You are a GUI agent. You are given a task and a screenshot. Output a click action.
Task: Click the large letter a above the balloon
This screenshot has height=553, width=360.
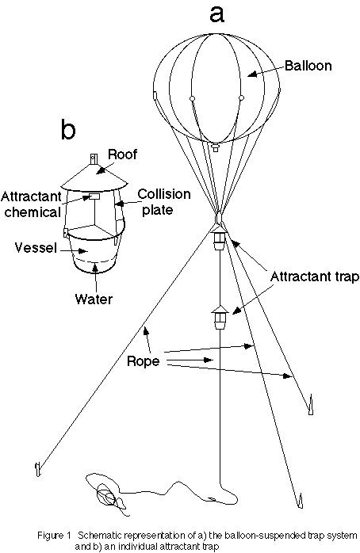pos(216,15)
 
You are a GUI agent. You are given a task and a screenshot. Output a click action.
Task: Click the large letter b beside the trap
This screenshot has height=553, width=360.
pos(68,128)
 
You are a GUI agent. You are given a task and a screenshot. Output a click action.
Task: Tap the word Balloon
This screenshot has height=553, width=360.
pos(308,66)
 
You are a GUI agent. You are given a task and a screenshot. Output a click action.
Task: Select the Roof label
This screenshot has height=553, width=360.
pos(122,154)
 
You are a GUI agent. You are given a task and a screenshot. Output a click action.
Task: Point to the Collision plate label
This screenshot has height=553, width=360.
pos(164,201)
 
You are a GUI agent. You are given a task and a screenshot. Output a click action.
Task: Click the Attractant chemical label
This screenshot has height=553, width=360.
pos(32,204)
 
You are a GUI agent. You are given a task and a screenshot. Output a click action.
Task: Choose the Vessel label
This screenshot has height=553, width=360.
pos(36,247)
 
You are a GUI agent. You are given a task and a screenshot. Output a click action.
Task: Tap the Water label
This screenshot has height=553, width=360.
pos(94,299)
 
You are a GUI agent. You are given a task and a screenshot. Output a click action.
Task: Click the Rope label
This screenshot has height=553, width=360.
pos(143,361)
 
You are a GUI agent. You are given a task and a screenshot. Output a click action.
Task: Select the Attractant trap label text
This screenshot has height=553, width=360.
pos(315,276)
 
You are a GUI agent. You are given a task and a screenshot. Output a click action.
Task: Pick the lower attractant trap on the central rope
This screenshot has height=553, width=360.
pos(220,318)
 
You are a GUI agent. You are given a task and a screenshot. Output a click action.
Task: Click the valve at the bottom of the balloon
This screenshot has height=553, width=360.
pos(215,147)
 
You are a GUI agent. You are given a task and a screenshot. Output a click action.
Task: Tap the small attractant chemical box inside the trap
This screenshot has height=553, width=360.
pos(95,196)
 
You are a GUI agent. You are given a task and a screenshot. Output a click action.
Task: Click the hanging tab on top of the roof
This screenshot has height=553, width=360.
pos(94,158)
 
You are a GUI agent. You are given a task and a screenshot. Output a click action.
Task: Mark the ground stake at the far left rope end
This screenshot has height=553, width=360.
pos(38,469)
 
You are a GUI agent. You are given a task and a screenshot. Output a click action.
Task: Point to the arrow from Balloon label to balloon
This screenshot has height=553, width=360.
pos(266,70)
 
